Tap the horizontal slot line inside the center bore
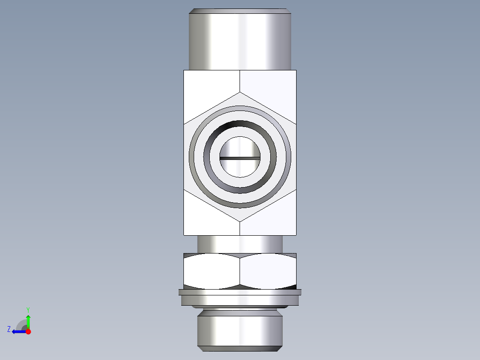(240, 158)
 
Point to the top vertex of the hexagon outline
(240, 93)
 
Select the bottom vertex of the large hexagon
(240, 221)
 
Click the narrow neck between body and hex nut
(240, 244)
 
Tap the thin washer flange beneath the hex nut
(240, 292)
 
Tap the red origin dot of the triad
(28, 331)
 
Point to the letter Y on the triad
(28, 309)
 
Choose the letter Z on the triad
(9, 329)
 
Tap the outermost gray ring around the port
(191, 157)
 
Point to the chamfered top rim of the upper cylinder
(240, 11)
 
